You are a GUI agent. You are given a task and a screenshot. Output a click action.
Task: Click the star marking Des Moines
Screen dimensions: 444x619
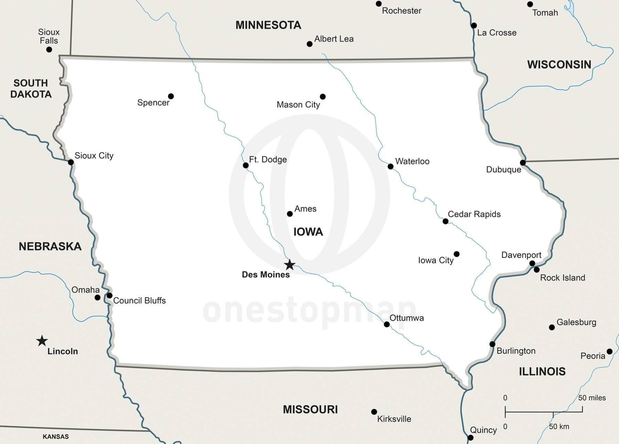coord(290,265)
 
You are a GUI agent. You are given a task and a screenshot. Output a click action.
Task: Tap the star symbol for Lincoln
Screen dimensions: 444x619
coord(42,341)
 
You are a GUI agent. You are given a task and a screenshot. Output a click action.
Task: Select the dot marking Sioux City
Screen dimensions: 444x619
coord(70,162)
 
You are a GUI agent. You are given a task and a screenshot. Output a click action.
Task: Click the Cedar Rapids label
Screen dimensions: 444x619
coord(474,214)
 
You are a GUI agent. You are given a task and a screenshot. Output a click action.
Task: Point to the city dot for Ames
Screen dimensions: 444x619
coord(290,214)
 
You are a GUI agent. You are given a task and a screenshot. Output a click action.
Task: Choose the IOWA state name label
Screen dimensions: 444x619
coord(308,232)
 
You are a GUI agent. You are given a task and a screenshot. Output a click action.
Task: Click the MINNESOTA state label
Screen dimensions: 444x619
coord(268,25)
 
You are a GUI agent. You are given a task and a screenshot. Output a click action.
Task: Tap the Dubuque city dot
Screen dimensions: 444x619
coord(523,162)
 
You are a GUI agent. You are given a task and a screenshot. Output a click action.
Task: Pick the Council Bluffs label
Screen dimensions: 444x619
coord(139,300)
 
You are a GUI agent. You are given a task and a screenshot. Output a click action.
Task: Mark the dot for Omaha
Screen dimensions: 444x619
coord(98,297)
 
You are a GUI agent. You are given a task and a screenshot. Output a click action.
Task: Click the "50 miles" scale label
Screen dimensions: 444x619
coord(592,398)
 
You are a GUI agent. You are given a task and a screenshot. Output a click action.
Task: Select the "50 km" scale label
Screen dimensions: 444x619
coord(559,426)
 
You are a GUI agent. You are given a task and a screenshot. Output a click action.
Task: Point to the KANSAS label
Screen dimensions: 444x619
coord(56,436)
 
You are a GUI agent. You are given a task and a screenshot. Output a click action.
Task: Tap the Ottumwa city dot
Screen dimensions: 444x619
coord(387,324)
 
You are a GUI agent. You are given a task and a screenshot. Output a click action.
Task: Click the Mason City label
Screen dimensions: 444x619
coord(298,105)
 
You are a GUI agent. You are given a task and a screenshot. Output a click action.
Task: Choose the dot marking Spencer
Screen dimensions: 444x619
coord(171,96)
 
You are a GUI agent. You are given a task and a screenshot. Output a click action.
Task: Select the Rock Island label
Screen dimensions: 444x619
coord(562,278)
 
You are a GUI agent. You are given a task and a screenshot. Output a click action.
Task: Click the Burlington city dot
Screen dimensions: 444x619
coord(492,344)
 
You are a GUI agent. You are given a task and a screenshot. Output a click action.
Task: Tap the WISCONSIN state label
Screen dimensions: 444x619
coord(559,65)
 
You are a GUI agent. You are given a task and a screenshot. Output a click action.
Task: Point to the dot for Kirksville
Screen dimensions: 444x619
coord(374,412)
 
